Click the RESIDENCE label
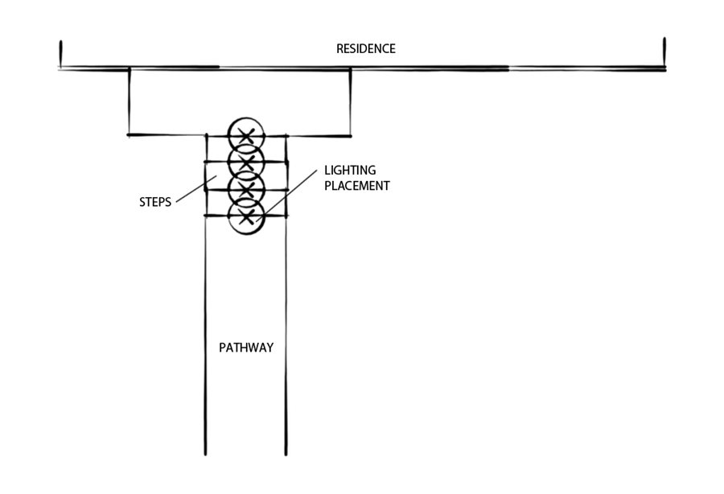click(x=365, y=49)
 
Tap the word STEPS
click(x=154, y=202)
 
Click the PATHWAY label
click(x=246, y=348)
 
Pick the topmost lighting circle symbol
click(x=245, y=134)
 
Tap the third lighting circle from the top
click(x=245, y=189)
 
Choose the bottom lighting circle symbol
click(x=245, y=216)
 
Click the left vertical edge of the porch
click(x=129, y=101)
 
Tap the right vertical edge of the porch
click(x=349, y=101)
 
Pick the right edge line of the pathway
click(x=286, y=338)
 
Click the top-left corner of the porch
click(x=129, y=70)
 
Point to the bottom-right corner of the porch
click(x=349, y=134)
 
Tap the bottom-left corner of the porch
click(x=129, y=134)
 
